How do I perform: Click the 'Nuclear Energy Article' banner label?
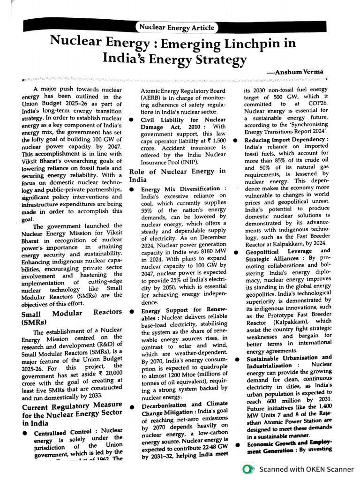click(176, 27)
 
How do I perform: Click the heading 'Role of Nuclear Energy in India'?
click(177, 175)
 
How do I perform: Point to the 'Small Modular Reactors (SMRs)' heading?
click(72, 317)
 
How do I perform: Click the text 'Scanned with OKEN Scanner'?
click(307, 469)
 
